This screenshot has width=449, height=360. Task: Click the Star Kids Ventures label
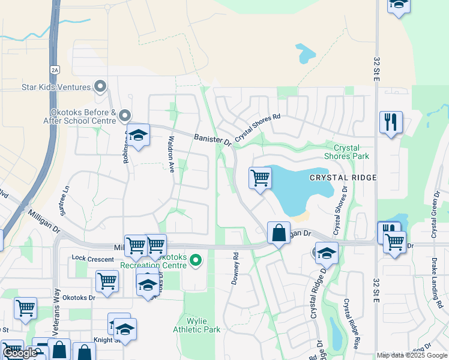tap(56, 87)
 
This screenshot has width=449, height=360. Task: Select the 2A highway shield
tap(55, 70)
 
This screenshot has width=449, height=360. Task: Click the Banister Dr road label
tap(212, 140)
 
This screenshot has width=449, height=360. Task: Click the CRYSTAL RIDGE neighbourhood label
tap(343, 178)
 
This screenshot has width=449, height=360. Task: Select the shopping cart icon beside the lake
tap(260, 178)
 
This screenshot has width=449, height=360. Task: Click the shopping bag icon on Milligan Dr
tap(279, 233)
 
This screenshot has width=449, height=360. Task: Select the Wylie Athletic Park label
tap(196, 325)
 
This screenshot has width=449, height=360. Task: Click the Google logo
tap(20, 353)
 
